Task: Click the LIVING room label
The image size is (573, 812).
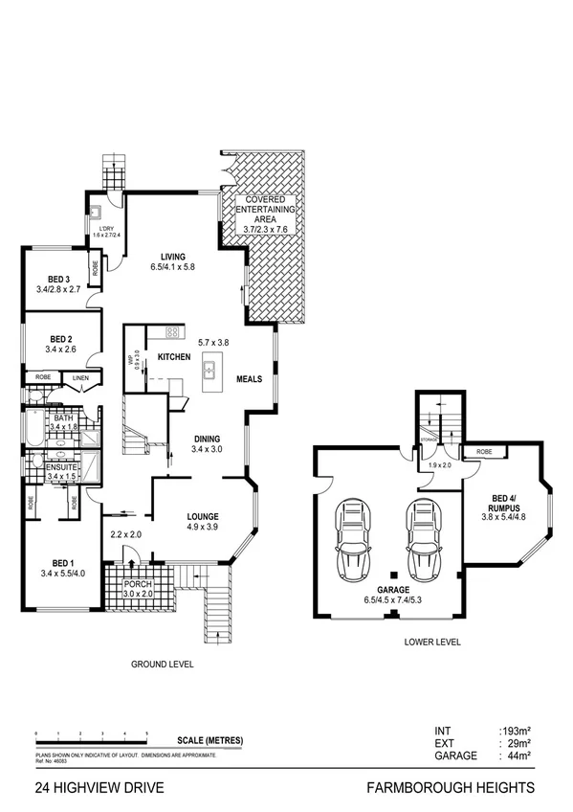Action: [x=172, y=255]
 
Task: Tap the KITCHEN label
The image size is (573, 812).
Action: [x=174, y=357]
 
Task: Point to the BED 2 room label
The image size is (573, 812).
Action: [x=60, y=339]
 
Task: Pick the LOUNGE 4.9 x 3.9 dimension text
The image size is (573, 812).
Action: [x=203, y=527]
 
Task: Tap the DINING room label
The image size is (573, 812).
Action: [x=207, y=438]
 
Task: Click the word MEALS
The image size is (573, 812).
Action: [x=250, y=379]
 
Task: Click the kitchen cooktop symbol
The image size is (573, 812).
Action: [x=173, y=332]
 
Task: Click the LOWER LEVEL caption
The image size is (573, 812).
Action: [x=432, y=643]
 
